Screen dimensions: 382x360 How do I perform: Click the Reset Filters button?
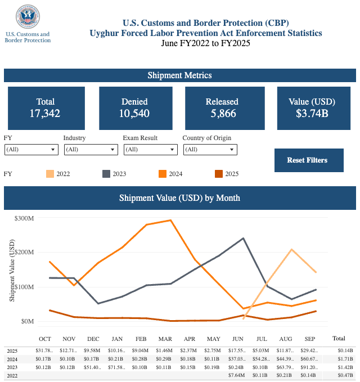307,160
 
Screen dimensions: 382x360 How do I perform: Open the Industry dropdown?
91,150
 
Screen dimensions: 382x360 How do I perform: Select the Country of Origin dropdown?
210,150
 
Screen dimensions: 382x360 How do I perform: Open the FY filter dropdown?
31,150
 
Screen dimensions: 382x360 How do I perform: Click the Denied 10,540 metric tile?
134,108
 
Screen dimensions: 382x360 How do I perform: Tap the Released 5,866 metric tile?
222,108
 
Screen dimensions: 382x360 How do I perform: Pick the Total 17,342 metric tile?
46,108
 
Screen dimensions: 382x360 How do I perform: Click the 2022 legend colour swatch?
50,174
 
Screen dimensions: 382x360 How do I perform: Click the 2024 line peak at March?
170,221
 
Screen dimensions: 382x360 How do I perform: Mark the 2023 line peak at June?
243,238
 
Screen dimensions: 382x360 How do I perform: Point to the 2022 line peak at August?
291,249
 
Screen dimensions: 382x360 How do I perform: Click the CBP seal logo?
28,17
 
